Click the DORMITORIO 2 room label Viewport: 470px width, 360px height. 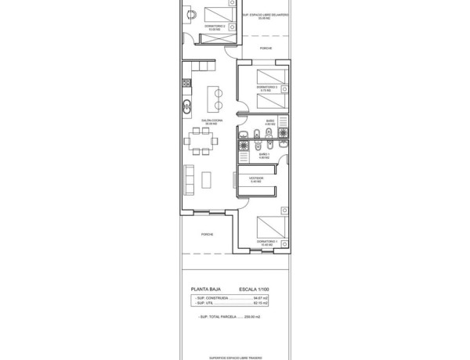click(215, 26)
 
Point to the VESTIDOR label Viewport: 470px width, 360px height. click(257, 178)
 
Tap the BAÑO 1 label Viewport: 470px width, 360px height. click(264, 154)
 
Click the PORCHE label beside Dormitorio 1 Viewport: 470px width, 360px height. click(207, 234)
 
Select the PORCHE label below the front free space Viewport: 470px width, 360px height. click(266, 49)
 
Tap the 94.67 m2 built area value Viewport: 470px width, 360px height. click(280, 298)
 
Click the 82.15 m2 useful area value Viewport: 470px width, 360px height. click(280, 304)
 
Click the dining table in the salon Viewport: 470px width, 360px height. click(203, 142)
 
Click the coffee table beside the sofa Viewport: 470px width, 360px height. click(206, 179)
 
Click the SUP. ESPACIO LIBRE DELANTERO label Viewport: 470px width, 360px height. click(266, 15)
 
